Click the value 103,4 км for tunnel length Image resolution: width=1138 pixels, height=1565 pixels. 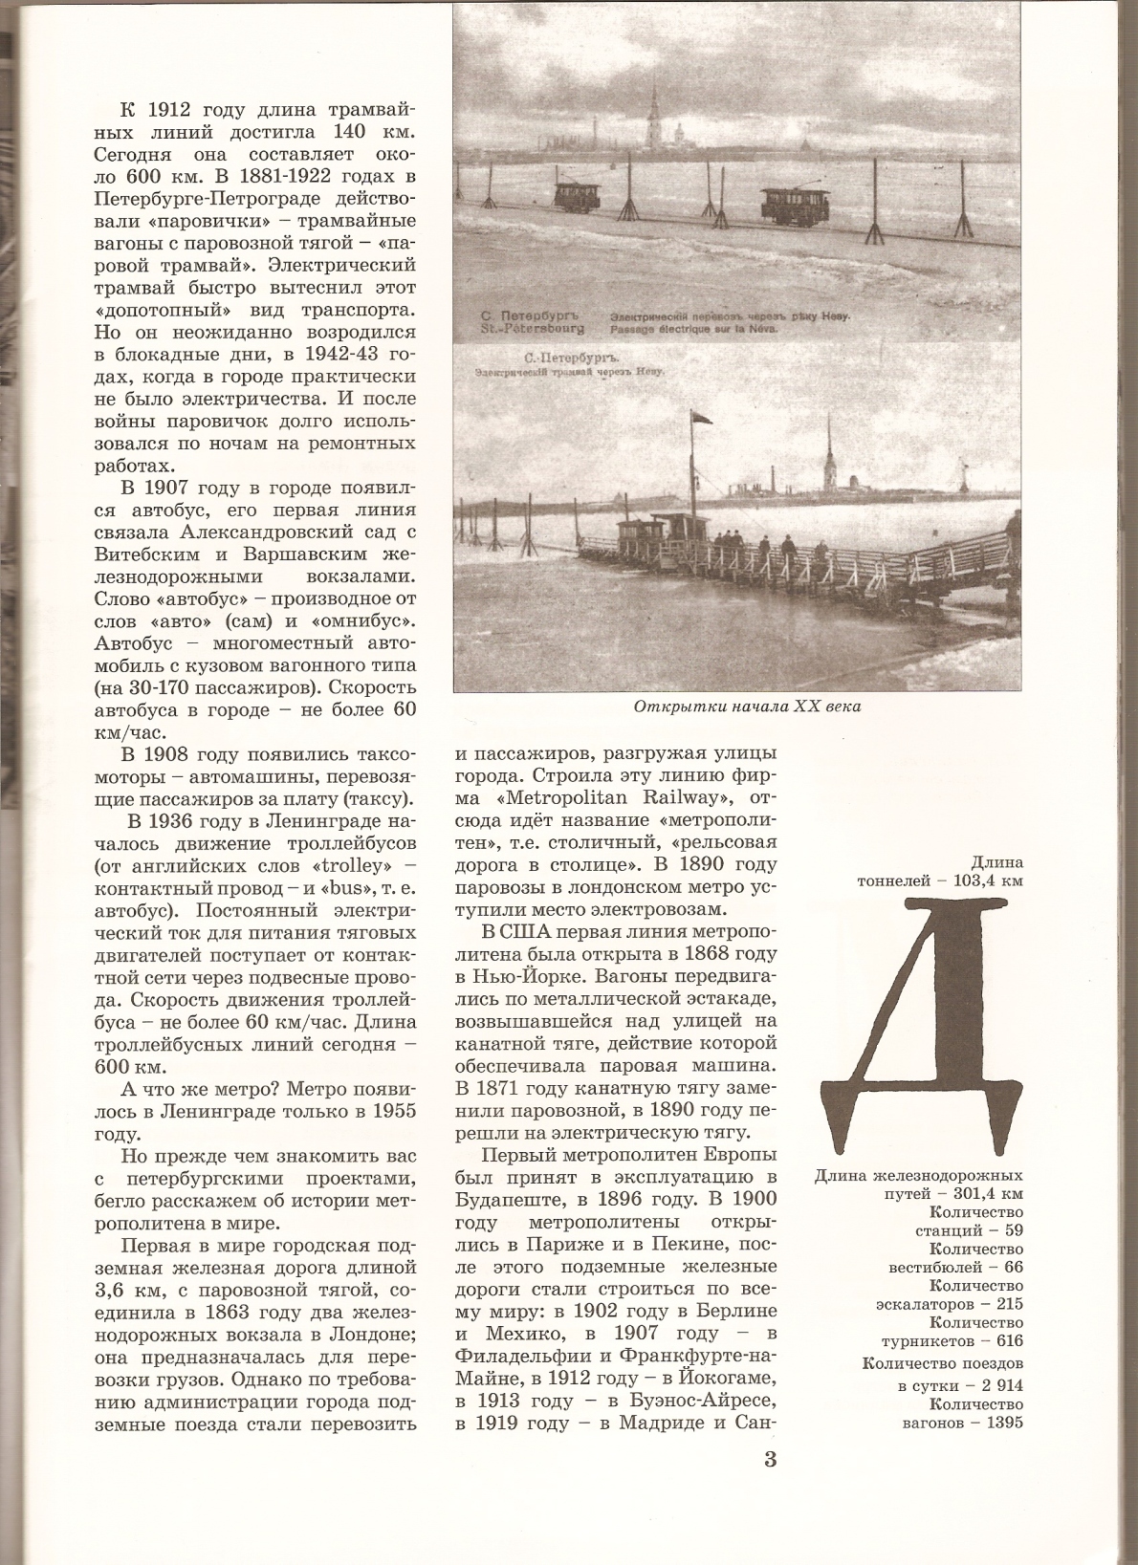987,880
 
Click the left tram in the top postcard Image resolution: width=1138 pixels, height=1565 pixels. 578,196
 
